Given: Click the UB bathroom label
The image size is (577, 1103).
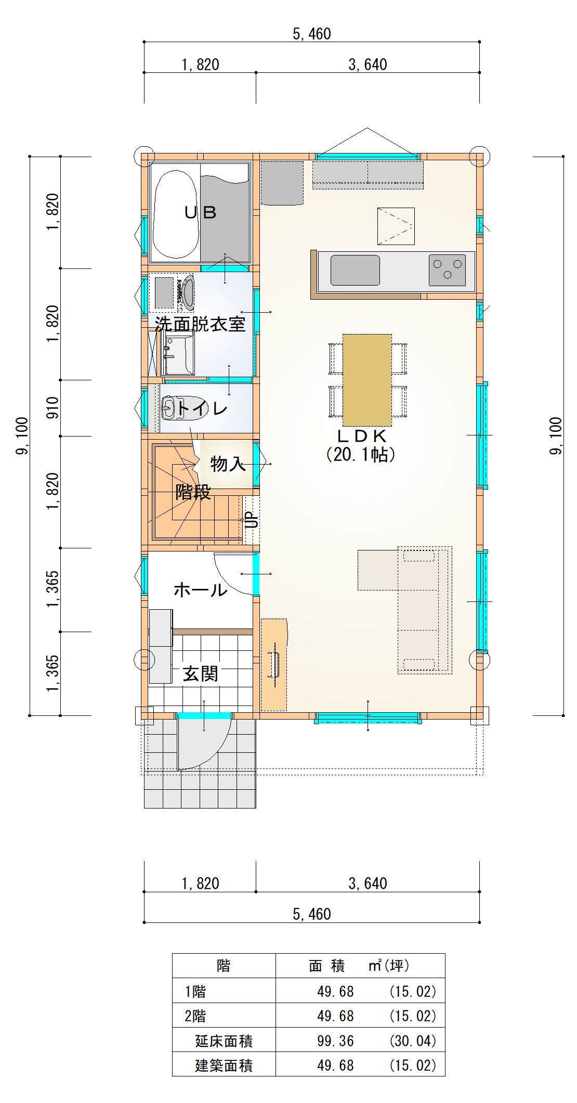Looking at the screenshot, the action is tap(201, 212).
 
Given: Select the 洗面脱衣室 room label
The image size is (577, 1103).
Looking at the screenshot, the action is tap(200, 325).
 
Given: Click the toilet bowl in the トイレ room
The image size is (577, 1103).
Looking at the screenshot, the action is tap(170, 408).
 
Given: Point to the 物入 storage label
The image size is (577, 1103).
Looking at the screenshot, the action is tap(228, 464).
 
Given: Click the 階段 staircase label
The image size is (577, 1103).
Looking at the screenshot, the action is tap(193, 492).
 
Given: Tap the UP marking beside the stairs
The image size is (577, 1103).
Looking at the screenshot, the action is tap(252, 519).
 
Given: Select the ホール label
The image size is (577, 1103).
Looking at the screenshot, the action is tap(201, 590).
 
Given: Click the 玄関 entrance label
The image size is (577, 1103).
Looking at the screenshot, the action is tap(200, 674).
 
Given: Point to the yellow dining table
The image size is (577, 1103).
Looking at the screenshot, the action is tap(367, 380).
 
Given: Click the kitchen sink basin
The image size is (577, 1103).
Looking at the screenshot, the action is tap(355, 270).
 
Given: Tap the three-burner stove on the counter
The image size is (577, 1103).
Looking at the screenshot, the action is tap(447, 270).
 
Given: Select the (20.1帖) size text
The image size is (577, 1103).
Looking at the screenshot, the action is tap(361, 455).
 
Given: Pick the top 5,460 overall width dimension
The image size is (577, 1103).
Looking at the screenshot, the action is tap(312, 34).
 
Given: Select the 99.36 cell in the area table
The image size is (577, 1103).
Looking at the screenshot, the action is tap(335, 1041).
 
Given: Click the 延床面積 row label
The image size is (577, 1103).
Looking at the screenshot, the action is tap(224, 1041).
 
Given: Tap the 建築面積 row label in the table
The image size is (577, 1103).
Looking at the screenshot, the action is tap(224, 1066).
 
